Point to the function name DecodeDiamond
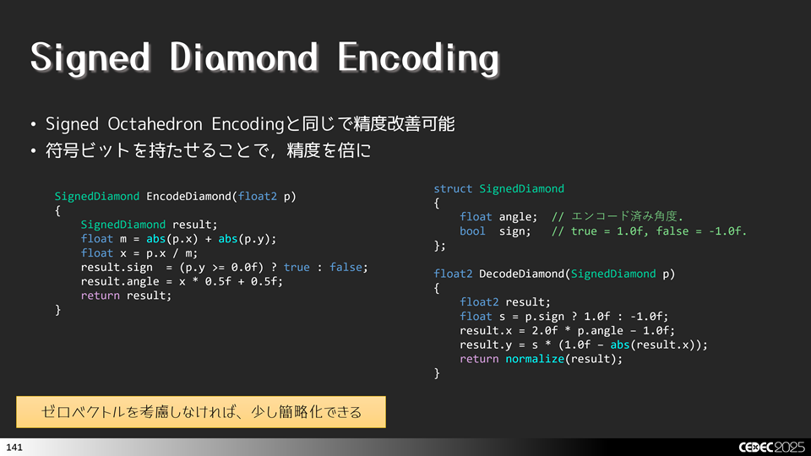[x=522, y=274]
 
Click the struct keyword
[x=453, y=188]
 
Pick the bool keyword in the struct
[x=473, y=231]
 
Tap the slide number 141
[x=14, y=446]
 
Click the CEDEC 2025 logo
[x=769, y=446]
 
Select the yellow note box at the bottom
[x=201, y=412]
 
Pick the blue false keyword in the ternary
[x=348, y=267]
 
